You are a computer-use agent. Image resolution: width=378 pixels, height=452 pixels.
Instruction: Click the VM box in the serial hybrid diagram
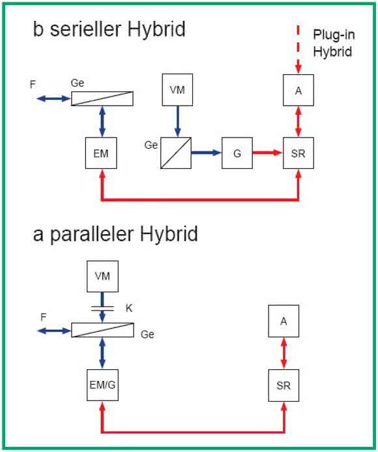pyautogui.click(x=177, y=89)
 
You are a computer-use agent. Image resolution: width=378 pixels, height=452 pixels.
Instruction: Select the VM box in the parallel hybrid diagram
pyautogui.click(x=102, y=276)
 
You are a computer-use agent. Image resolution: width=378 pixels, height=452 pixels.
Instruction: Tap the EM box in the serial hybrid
pyautogui.click(x=101, y=153)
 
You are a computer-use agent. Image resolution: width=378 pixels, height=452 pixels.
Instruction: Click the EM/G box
pyautogui.click(x=102, y=385)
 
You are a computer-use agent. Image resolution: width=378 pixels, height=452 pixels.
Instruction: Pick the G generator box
pyautogui.click(x=237, y=153)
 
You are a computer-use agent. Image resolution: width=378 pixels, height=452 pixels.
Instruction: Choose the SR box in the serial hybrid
pyautogui.click(x=298, y=153)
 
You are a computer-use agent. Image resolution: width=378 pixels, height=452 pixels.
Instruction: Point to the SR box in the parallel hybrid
pyautogui.click(x=283, y=385)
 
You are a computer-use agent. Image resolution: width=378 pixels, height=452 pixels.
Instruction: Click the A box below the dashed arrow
pyautogui.click(x=298, y=90)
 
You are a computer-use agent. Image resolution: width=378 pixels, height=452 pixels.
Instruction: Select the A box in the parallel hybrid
pyautogui.click(x=283, y=321)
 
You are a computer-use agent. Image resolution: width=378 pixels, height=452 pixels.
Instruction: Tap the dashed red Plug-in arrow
pyautogui.click(x=298, y=49)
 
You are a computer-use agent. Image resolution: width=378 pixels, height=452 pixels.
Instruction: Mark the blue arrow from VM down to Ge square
pyautogui.click(x=177, y=121)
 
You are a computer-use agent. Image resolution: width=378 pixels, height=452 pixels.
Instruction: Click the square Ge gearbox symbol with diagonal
pyautogui.click(x=176, y=153)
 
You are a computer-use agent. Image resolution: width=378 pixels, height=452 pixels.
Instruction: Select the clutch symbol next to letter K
pyautogui.click(x=102, y=309)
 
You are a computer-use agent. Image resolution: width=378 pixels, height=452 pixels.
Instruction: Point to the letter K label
pyautogui.click(x=129, y=308)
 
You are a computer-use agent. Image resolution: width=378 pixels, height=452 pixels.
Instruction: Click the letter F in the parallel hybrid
pyautogui.click(x=43, y=318)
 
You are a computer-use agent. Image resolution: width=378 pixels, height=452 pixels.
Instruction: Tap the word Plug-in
pyautogui.click(x=334, y=35)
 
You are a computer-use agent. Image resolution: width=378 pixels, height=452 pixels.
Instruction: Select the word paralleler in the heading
pyautogui.click(x=91, y=235)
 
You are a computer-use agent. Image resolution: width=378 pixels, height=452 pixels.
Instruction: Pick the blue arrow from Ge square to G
pyautogui.click(x=207, y=153)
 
